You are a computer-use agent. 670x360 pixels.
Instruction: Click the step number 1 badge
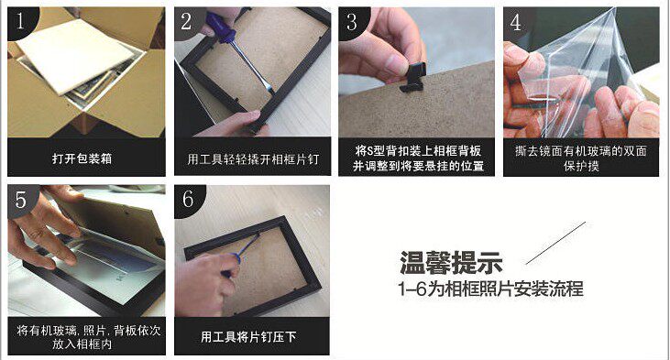pos(20,21)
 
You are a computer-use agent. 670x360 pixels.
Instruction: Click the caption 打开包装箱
pos(82,158)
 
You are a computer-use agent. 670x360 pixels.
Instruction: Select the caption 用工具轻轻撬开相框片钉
pos(253,159)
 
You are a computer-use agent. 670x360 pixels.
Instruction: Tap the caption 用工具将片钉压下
pos(248,337)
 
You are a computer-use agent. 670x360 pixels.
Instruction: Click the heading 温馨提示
pos(451,263)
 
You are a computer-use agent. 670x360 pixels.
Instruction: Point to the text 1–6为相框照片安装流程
pos(490,289)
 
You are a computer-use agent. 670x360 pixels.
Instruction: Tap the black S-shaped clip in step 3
pos(412,77)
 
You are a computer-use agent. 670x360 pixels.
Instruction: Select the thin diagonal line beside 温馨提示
pos(555,243)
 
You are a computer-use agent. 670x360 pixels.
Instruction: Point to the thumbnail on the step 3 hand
pos(395,64)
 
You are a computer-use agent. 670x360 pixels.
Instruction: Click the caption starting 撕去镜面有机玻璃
pos(581,158)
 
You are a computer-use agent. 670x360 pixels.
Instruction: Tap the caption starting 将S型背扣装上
pos(417,158)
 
